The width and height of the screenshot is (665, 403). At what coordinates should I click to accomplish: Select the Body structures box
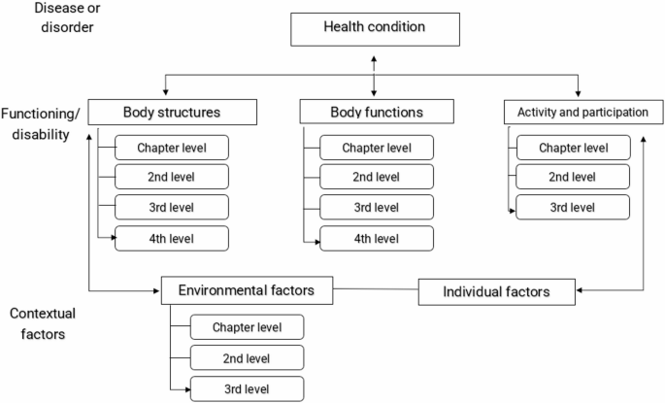pos(172,112)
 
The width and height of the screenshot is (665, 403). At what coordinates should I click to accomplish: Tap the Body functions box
pos(376,112)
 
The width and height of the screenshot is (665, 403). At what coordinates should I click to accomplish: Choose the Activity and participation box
pos(577,112)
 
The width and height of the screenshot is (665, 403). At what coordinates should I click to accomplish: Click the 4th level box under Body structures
pos(172,238)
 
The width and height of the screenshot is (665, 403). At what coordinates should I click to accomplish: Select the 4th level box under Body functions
pos(377,238)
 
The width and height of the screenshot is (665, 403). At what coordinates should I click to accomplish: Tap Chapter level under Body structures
pos(172,149)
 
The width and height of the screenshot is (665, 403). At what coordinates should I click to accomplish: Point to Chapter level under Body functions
pos(377,149)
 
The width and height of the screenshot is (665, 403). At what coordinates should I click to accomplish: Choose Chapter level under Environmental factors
pos(248,326)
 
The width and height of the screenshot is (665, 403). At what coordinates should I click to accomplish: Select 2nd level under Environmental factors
pos(248,357)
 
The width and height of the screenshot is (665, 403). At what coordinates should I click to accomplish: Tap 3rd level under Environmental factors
pos(248,388)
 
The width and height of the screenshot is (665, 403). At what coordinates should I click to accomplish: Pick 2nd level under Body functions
pos(377,178)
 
